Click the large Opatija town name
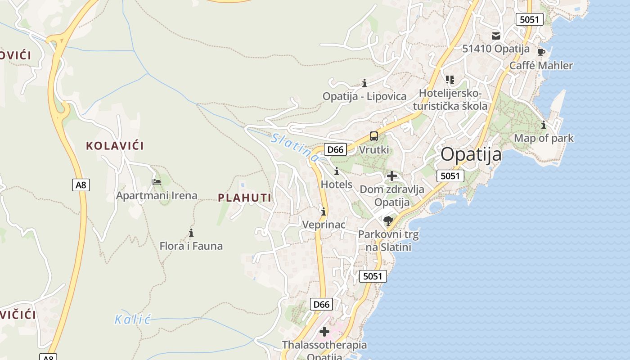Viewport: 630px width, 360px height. click(471, 154)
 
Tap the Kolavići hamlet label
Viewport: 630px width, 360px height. click(115, 146)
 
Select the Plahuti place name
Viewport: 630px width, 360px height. click(245, 198)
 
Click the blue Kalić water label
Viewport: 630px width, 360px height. click(132, 319)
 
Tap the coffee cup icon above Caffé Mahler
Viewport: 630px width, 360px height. click(541, 53)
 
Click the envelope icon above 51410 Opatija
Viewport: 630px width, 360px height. click(496, 36)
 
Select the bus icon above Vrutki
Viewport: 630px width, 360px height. click(374, 136)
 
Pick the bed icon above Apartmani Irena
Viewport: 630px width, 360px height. click(157, 182)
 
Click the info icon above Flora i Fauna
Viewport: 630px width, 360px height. click(191, 233)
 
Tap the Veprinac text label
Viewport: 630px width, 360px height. click(324, 225)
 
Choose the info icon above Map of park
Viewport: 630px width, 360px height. click(544, 125)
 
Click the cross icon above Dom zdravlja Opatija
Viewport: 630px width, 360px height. click(392, 176)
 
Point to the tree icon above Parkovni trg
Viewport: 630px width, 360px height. click(388, 220)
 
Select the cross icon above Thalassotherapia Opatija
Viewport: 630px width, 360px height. click(324, 332)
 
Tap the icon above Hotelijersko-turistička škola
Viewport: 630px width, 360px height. click(450, 80)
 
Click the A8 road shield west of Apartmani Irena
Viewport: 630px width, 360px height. click(81, 184)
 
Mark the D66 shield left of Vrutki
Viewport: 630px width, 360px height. click(335, 149)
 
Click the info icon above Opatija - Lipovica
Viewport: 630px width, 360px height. click(364, 83)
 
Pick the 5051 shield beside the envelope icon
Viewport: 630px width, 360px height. click(530, 19)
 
